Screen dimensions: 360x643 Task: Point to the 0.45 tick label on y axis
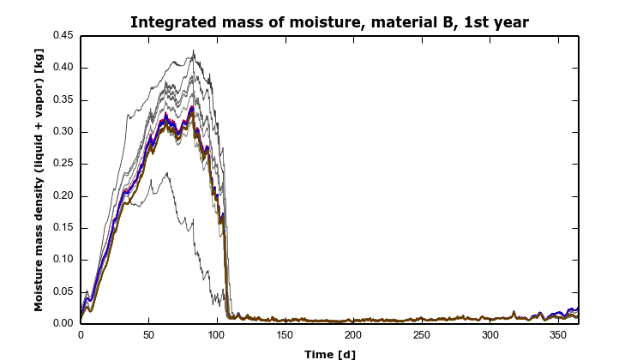[x=63, y=36]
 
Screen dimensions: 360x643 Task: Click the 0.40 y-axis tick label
[x=63, y=68]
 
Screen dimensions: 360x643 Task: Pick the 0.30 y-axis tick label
[x=63, y=132]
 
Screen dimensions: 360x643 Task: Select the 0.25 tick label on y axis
[x=63, y=164]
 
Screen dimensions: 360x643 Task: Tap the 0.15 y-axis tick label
[x=63, y=228]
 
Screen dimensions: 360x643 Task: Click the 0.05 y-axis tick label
[x=63, y=292]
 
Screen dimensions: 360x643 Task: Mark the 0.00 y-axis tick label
[x=63, y=324]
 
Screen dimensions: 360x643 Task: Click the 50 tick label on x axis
[x=148, y=336]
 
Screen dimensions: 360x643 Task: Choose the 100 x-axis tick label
[x=217, y=336]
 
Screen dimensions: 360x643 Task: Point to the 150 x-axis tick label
[x=285, y=336]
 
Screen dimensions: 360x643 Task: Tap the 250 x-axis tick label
[x=421, y=336]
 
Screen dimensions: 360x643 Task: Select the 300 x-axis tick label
[x=490, y=336]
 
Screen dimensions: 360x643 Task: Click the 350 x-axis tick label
[x=557, y=336]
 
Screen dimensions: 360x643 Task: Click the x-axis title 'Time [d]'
[x=329, y=353]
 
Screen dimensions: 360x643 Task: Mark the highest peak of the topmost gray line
[x=193, y=51]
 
